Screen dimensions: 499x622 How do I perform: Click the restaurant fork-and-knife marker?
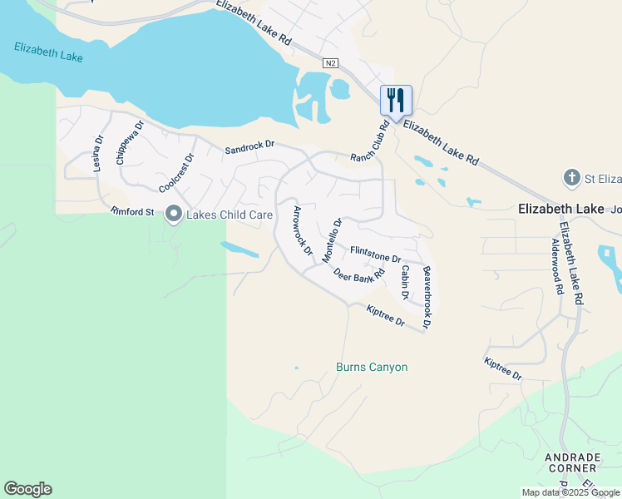tap(396, 101)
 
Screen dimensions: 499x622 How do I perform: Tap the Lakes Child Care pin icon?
tap(174, 215)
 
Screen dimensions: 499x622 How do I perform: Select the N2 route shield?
tap(331, 63)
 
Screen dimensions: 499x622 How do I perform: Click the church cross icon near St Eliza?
tap(571, 177)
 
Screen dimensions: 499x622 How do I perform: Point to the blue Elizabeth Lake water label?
tap(48, 52)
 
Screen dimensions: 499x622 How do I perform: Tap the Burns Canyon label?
tap(372, 367)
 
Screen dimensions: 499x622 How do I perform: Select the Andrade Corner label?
tap(572, 462)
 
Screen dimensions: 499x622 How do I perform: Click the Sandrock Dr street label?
tap(249, 147)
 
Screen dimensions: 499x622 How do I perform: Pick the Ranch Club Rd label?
tap(370, 143)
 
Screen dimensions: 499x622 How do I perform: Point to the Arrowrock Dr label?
tap(301, 230)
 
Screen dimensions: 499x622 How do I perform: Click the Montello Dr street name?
tap(332, 240)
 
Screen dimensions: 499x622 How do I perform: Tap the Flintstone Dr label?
tap(376, 253)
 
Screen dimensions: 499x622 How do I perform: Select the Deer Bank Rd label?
tap(359, 274)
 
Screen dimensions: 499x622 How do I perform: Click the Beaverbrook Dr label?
tap(427, 297)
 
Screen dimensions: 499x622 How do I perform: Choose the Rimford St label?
tap(133, 212)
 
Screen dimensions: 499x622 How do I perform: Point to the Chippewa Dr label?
tap(131, 142)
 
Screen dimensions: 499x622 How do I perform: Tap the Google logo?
tap(27, 489)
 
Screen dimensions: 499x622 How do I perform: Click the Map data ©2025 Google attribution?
tap(570, 492)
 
